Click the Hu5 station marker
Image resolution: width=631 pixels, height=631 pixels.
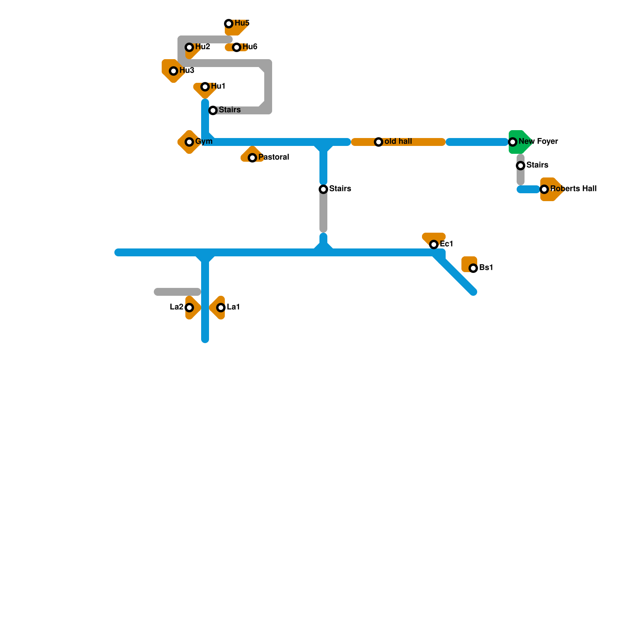point(229,24)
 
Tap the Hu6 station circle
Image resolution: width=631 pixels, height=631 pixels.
point(237,47)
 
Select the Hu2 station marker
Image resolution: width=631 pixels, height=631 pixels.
point(189,47)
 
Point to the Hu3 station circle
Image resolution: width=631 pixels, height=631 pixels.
point(174,71)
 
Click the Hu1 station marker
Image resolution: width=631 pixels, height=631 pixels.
point(205,87)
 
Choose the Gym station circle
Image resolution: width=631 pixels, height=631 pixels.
point(189,142)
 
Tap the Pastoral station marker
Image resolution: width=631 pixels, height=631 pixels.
point(252,158)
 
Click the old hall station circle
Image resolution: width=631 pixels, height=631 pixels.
point(379,142)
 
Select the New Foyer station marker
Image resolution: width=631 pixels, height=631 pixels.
point(513,142)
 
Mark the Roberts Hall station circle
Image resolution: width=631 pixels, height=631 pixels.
point(544,189)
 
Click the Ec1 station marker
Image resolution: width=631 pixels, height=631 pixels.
point(434,245)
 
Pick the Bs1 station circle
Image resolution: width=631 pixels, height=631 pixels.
point(473,268)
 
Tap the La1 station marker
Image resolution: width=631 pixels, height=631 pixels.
point(221,308)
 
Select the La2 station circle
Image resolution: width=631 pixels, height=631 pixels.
point(189,308)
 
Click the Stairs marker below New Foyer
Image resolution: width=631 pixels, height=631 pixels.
point(521,166)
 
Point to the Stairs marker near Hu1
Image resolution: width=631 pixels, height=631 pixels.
point(213,110)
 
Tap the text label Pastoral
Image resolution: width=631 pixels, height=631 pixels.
point(274,157)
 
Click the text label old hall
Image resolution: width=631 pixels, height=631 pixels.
point(398,142)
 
